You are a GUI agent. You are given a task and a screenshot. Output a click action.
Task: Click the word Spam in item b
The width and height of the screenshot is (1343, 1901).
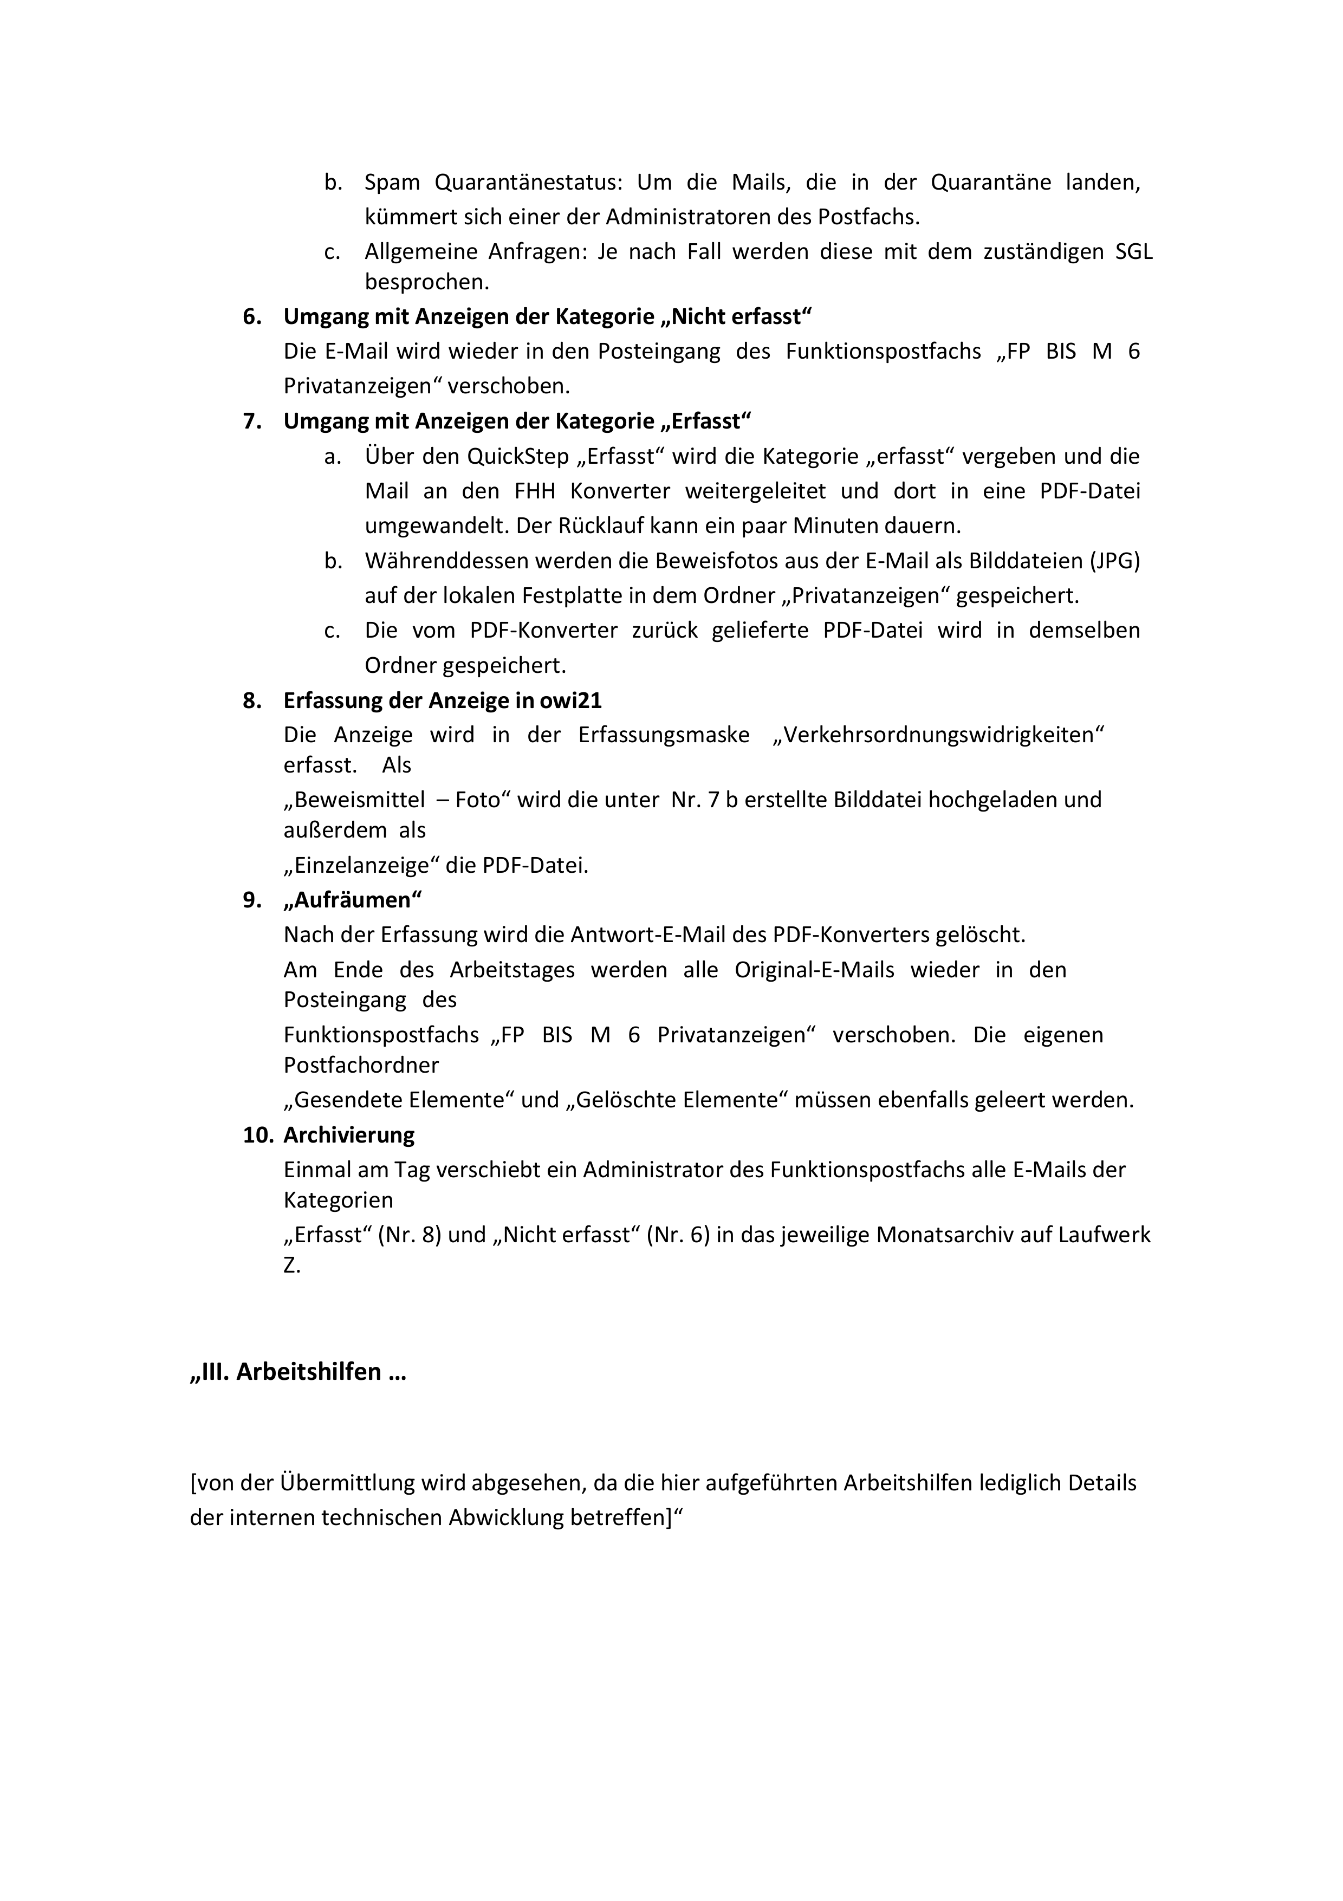[392, 182]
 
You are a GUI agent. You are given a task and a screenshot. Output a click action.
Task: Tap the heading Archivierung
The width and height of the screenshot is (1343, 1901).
[348, 1135]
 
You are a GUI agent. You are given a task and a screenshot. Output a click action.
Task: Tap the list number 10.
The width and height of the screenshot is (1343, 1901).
[257, 1135]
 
